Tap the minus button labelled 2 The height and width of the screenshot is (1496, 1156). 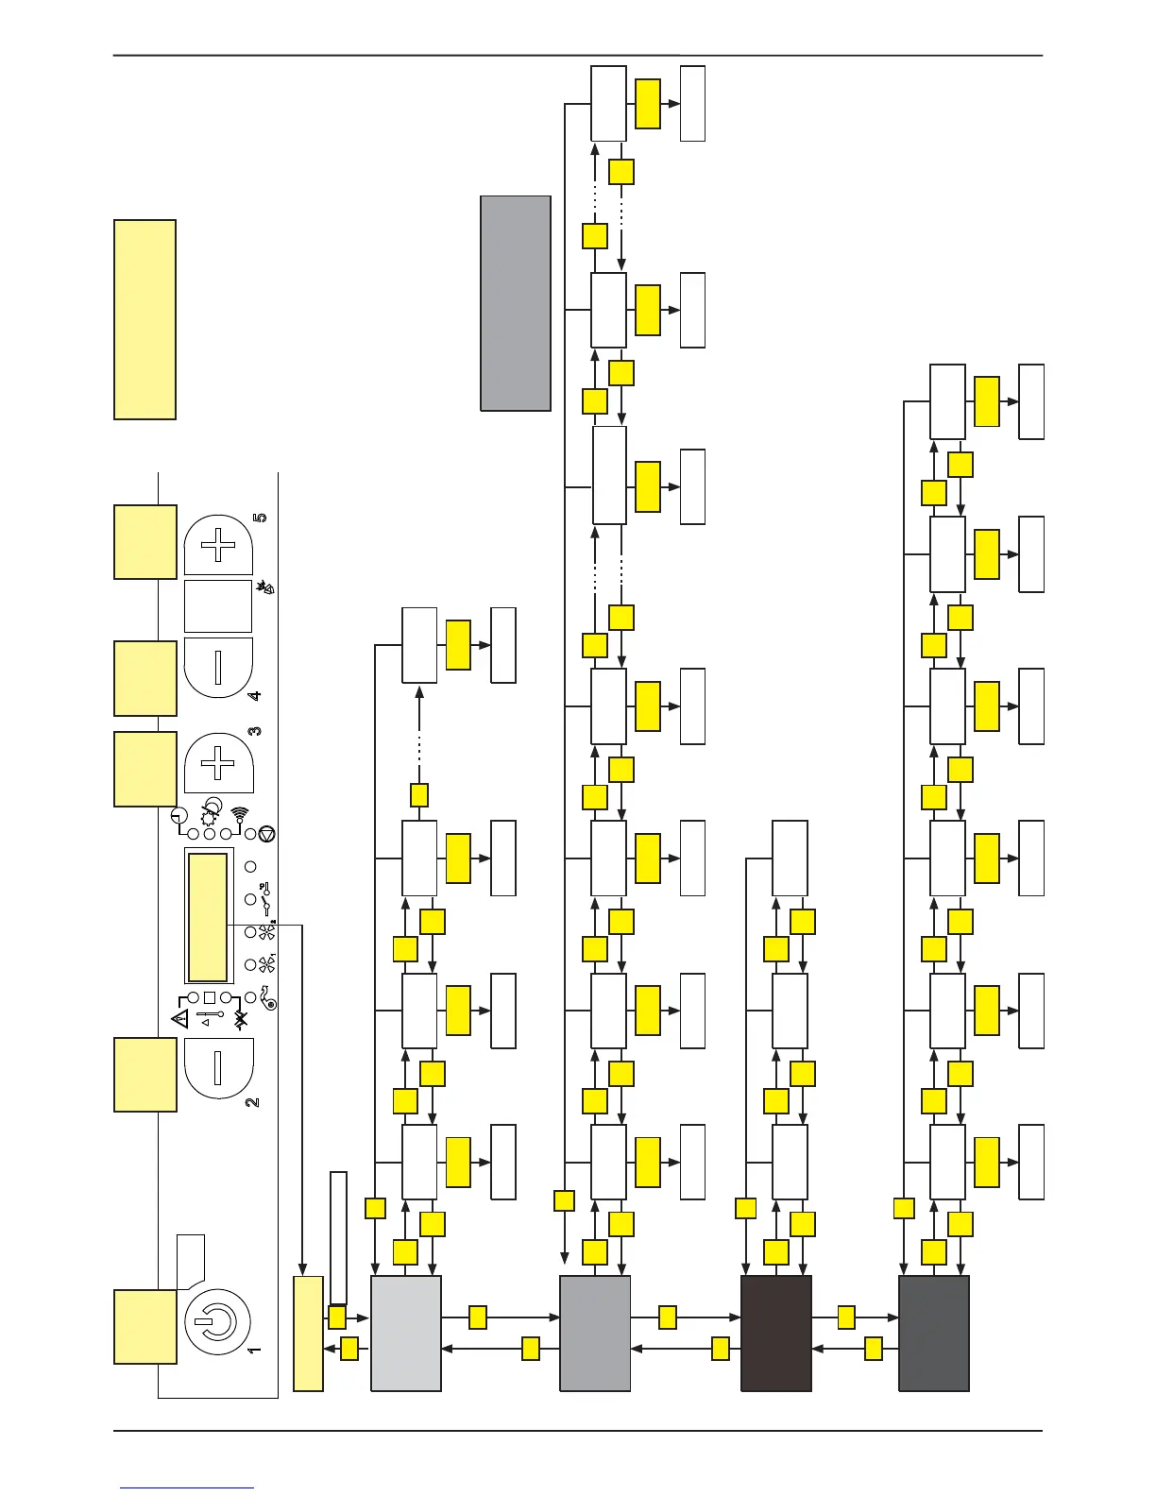point(218,1067)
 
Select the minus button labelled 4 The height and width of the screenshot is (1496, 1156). point(218,667)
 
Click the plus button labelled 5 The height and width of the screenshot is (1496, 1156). point(218,545)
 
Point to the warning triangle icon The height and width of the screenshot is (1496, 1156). point(179,1018)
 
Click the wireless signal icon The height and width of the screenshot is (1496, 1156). point(239,815)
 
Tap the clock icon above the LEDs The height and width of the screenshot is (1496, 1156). point(180,816)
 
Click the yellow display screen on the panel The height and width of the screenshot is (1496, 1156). point(208,917)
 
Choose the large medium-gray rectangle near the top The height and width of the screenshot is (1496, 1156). point(516,303)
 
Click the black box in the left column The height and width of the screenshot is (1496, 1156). point(776,1334)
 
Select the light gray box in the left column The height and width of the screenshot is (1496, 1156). point(406,1334)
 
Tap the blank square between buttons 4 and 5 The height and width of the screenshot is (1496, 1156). point(218,606)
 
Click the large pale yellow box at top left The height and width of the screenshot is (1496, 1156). point(144,319)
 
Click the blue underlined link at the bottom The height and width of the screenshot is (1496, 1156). point(187,1488)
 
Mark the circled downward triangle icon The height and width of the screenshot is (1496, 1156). point(266,833)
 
